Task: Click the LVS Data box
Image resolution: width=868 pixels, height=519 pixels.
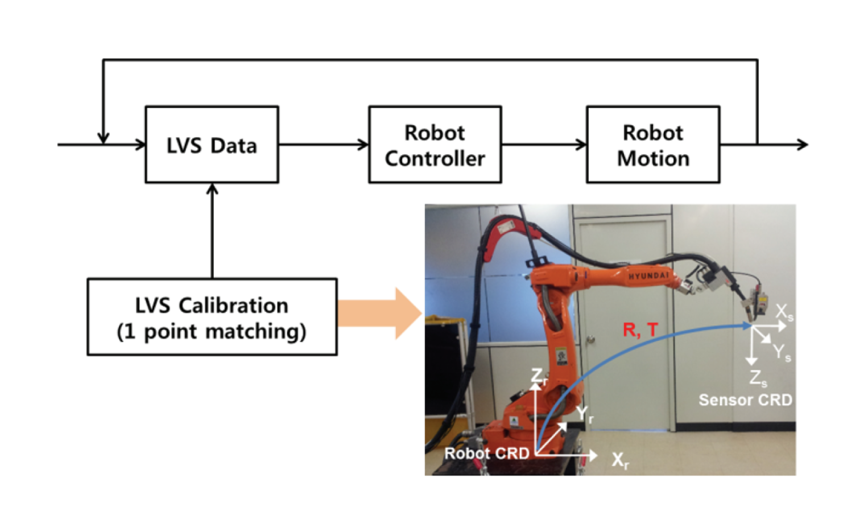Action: click(212, 145)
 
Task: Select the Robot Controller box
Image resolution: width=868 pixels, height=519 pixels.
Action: click(435, 145)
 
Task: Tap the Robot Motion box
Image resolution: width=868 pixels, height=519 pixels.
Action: click(653, 145)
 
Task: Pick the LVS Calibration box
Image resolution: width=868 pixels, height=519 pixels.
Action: click(212, 317)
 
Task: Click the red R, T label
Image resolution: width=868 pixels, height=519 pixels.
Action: click(640, 330)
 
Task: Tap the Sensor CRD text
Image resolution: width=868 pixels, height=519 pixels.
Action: click(745, 400)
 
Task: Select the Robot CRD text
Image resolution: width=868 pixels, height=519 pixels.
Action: click(487, 454)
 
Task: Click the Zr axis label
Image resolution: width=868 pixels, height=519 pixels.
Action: click(538, 376)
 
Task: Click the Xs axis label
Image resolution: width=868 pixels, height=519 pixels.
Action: click(784, 312)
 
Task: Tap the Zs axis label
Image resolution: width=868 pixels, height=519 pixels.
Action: click(758, 378)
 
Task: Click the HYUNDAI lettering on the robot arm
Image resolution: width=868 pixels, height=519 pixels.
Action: click(648, 276)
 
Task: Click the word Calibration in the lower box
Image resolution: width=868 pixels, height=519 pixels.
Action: click(233, 306)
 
